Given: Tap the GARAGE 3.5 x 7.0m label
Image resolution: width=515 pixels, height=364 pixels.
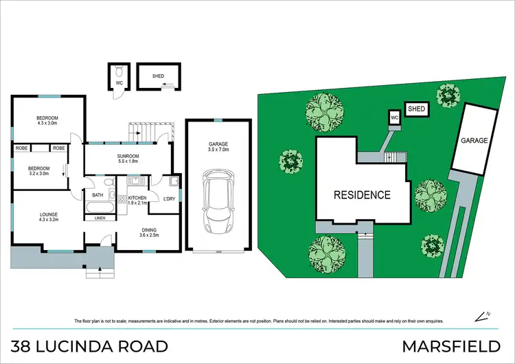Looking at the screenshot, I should (x=218, y=146).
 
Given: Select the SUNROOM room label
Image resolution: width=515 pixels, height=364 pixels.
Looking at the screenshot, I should (x=128, y=159).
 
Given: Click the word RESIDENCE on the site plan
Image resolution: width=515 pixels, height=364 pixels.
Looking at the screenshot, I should (x=362, y=194).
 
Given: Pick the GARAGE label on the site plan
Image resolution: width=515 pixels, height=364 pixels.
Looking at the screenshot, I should (x=474, y=140).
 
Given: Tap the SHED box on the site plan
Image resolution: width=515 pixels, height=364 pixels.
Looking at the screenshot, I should (x=417, y=109).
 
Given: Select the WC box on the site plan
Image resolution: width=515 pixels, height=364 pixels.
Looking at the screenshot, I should (x=394, y=117).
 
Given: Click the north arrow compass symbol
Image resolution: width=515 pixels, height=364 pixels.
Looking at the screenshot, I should (x=481, y=316).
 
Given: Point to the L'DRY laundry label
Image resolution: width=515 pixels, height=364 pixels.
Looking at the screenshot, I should (x=169, y=199).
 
